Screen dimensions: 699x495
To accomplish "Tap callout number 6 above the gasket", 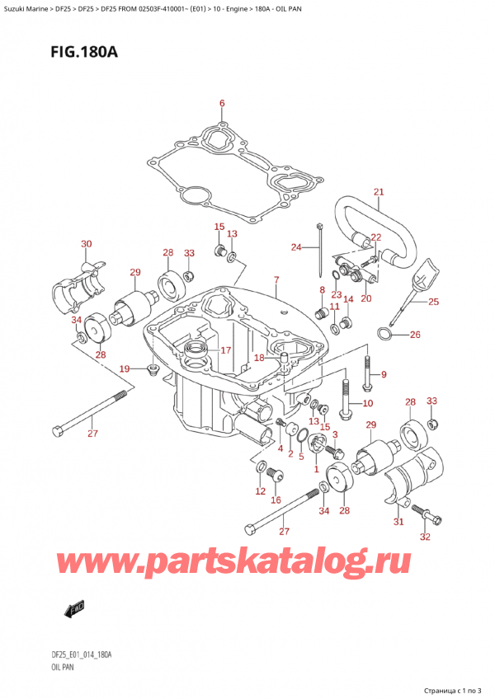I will pos(221,103).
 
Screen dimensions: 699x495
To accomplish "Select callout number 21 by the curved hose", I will pos(379,193).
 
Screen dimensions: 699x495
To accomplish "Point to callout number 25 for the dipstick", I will pos(434,302).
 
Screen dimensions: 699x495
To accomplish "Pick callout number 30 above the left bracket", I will pos(87,243).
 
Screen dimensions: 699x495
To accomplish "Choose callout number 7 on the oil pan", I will pos(276,280).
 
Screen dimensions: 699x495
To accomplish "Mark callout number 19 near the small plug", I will pos(125,368).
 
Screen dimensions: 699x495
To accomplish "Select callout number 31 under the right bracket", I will pos(398,521).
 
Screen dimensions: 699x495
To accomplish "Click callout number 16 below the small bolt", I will pos(276,500).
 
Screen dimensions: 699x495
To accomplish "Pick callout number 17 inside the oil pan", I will pos(224,349).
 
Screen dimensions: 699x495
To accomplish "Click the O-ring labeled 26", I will pos(384,334).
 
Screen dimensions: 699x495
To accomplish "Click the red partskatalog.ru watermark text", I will pos(264,566).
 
